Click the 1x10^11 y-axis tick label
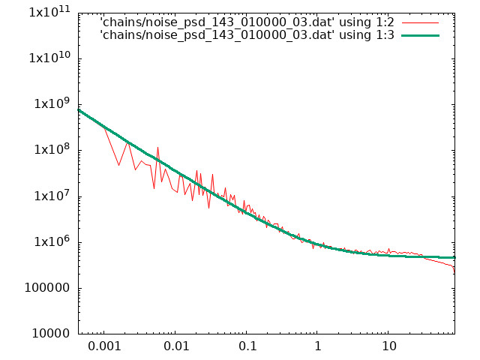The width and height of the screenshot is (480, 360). tap(49, 12)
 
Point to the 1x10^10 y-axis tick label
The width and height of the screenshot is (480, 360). tap(49, 58)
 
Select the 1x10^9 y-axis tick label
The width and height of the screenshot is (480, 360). tap(52, 103)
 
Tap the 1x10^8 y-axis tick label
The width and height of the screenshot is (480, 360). tap(52, 149)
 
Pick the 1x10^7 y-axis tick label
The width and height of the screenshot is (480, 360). tap(52, 195)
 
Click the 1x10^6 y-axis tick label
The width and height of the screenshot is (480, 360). tap(52, 241)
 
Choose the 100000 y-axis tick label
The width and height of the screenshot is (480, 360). tap(47, 288)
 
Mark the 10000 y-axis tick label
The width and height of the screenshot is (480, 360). tap(51, 333)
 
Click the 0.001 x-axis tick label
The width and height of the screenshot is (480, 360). tap(104, 346)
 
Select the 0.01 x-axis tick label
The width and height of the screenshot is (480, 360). tap(176, 346)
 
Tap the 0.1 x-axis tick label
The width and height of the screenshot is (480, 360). tap(247, 346)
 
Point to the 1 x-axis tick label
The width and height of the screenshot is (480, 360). tap(318, 346)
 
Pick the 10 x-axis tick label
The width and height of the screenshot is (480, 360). tap(388, 346)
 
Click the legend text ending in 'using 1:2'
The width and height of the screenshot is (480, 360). tap(247, 22)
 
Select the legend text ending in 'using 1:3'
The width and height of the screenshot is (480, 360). tap(247, 35)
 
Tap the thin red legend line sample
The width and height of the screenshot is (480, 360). tap(420, 23)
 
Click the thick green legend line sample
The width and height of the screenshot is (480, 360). tap(420, 36)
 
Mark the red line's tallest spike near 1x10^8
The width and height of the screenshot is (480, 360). tap(158, 148)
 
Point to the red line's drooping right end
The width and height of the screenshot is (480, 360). tap(454, 271)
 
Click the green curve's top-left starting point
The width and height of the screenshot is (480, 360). tap(79, 110)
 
